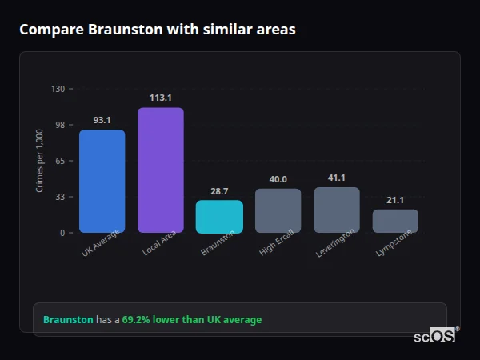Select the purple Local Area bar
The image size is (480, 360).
pyautogui.click(x=160, y=170)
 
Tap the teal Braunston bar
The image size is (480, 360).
pyautogui.click(x=219, y=216)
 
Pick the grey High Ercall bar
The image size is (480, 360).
pyautogui.click(x=278, y=210)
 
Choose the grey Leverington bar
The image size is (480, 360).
pyautogui.click(x=336, y=210)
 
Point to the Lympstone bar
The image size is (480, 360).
pyautogui.click(x=395, y=221)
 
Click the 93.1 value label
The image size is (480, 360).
pyautogui.click(x=102, y=120)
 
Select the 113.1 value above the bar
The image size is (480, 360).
pyautogui.click(x=160, y=98)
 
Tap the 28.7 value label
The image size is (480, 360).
pyautogui.click(x=219, y=191)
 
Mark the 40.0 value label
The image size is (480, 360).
pyautogui.click(x=278, y=179)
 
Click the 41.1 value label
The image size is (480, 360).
pyautogui.click(x=336, y=178)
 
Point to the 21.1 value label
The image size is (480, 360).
pyautogui.click(x=395, y=200)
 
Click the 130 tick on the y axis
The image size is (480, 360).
pyautogui.click(x=58, y=89)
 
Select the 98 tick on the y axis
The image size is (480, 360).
pyautogui.click(x=59, y=125)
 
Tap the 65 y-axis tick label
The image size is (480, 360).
pyautogui.click(x=59, y=161)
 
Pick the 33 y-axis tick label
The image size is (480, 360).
pyautogui.click(x=59, y=197)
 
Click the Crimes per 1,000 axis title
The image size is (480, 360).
pyautogui.click(x=40, y=161)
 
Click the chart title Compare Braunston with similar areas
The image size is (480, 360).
pyautogui.click(x=157, y=30)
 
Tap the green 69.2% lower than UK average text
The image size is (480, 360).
pyautogui.click(x=191, y=320)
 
